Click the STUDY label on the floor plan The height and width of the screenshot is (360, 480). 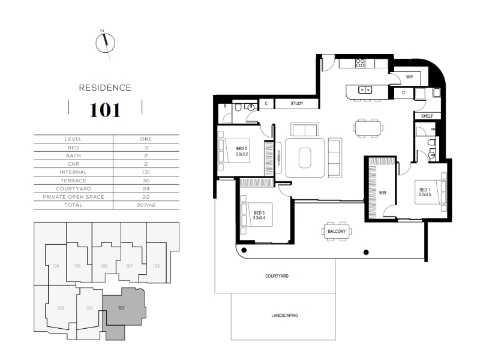pyautogui.click(x=296, y=103)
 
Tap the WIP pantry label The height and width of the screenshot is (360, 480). pyautogui.click(x=409, y=77)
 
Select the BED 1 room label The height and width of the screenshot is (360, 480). pyautogui.click(x=425, y=192)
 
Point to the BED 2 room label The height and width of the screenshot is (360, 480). pyautogui.click(x=242, y=151)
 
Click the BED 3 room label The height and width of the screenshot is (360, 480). pyautogui.click(x=259, y=215)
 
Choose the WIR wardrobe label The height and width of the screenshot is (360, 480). pyautogui.click(x=383, y=193)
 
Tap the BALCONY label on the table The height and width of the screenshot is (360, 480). pyautogui.click(x=337, y=232)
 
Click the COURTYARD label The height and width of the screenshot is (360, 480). pyautogui.click(x=277, y=276)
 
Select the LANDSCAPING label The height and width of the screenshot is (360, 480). pyautogui.click(x=284, y=316)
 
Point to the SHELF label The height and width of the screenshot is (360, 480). pyautogui.click(x=427, y=116)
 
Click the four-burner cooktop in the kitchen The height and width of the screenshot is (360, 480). pyautogui.click(x=360, y=63)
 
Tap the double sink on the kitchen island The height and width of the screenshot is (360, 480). pyautogui.click(x=365, y=89)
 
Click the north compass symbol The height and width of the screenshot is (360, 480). pyautogui.click(x=106, y=43)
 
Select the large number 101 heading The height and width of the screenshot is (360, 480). pyautogui.click(x=105, y=110)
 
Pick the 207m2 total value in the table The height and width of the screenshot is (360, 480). pyautogui.click(x=146, y=205)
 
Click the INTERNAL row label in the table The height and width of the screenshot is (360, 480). pyautogui.click(x=73, y=172)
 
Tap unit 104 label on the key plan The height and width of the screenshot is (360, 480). pyautogui.click(x=55, y=266)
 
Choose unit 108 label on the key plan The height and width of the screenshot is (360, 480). pyautogui.click(x=156, y=266)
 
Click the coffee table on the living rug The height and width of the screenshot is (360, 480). pyautogui.click(x=305, y=158)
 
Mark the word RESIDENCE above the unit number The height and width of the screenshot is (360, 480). pyautogui.click(x=105, y=88)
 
